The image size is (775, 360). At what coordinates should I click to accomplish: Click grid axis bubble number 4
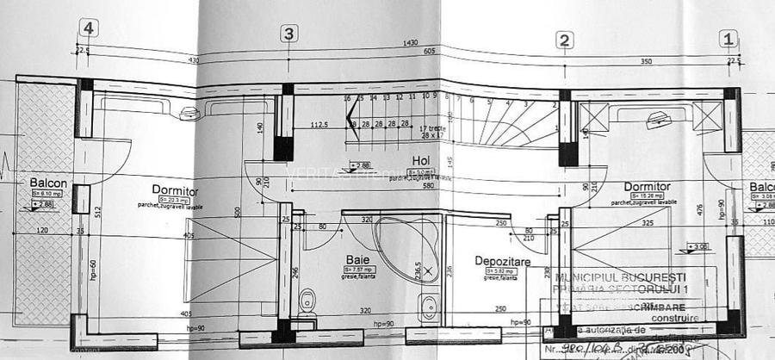pyautogui.click(x=86, y=28)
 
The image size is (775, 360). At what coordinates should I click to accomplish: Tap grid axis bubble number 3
pyautogui.click(x=289, y=34)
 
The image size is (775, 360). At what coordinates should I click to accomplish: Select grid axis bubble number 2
pyautogui.click(x=564, y=40)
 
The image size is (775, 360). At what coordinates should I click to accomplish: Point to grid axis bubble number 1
pyautogui.click(x=728, y=38)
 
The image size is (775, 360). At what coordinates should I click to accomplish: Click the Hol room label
pyautogui.click(x=420, y=161)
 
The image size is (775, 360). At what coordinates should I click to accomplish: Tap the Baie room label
pyautogui.click(x=358, y=259)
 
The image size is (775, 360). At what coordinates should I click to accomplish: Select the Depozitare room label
pyautogui.click(x=502, y=260)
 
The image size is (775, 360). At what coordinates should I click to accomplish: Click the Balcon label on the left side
pyautogui.click(x=48, y=183)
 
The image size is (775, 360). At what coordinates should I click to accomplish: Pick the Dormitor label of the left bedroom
pyautogui.click(x=175, y=191)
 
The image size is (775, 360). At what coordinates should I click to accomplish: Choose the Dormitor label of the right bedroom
pyautogui.click(x=648, y=186)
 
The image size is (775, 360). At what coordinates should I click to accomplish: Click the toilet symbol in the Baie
pyautogui.click(x=307, y=301)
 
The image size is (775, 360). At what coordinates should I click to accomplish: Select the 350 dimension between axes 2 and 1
pyautogui.click(x=646, y=63)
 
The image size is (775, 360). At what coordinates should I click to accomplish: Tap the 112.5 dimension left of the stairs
pyautogui.click(x=320, y=124)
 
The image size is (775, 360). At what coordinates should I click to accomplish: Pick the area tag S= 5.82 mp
pyautogui.click(x=500, y=270)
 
